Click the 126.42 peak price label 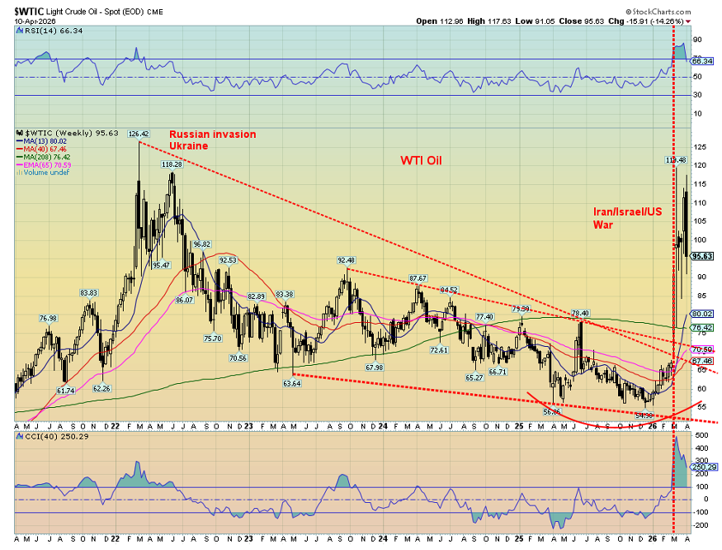(139, 134)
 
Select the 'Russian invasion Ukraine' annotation (213, 140)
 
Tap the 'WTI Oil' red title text (421, 160)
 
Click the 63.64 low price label (291, 383)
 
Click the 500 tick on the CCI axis (699, 434)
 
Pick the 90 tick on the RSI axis (697, 40)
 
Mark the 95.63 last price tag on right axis (702, 256)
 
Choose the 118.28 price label (172, 164)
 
